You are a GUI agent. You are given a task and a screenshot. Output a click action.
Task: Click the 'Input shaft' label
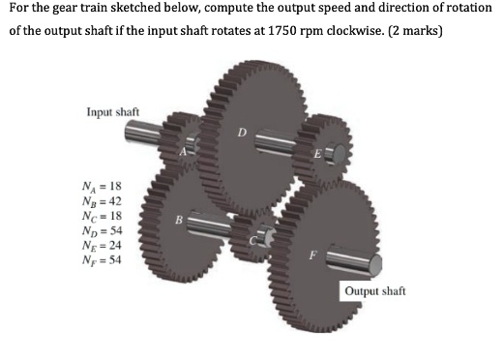point(113,111)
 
